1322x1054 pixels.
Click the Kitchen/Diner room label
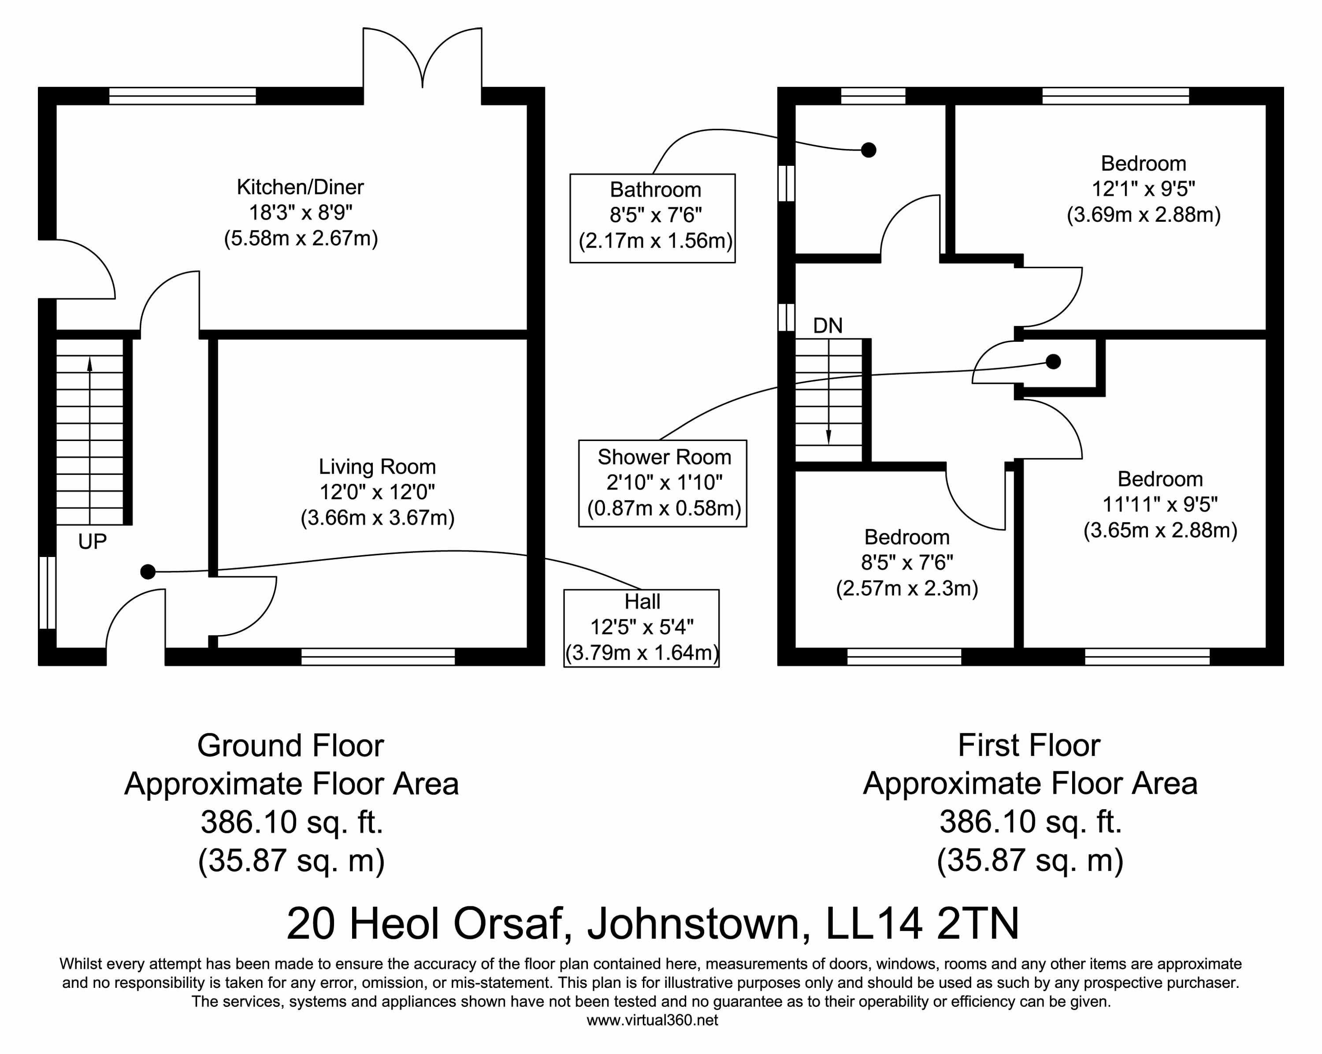tap(301, 187)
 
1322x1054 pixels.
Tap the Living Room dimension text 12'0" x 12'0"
tap(377, 492)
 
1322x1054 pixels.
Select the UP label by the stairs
tap(93, 541)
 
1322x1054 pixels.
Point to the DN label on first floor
tap(828, 325)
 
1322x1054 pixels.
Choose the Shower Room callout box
tap(663, 483)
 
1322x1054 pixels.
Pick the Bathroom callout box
tap(653, 218)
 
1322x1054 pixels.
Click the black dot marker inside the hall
tap(148, 572)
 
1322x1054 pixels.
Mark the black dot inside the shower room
tap(1054, 362)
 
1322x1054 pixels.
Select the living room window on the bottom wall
tap(378, 657)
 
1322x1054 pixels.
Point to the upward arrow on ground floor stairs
tap(90, 441)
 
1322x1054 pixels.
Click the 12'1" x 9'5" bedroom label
tap(1144, 189)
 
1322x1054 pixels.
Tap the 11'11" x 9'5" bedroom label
tap(1160, 505)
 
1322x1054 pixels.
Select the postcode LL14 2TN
tap(923, 924)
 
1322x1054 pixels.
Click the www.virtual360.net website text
tap(653, 1020)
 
